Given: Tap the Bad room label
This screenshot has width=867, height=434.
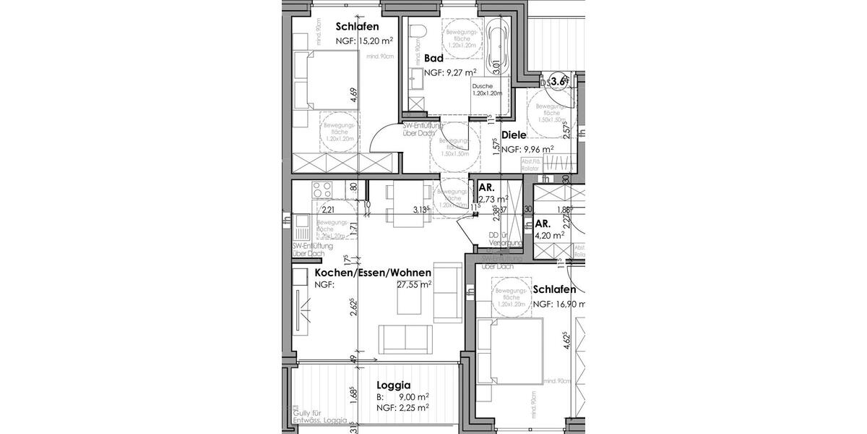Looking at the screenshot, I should pyautogui.click(x=433, y=58).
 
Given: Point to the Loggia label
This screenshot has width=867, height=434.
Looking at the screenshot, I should pyautogui.click(x=394, y=386).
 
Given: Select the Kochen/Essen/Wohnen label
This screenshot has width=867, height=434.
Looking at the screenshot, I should pyautogui.click(x=373, y=273).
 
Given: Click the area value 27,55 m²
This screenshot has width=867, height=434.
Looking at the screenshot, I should pyautogui.click(x=414, y=285).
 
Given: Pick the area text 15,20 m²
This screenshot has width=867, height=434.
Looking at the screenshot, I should pyautogui.click(x=374, y=41).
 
